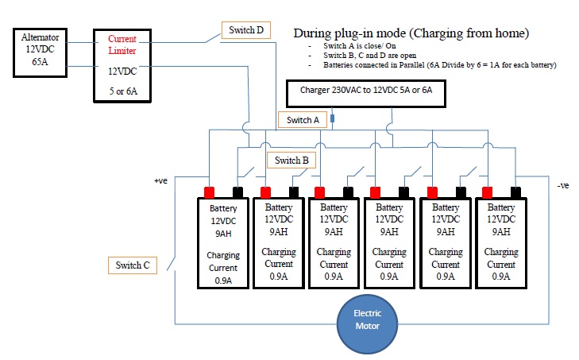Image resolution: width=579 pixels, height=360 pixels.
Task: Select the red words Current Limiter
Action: (122, 45)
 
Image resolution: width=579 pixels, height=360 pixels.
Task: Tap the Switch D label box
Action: (246, 30)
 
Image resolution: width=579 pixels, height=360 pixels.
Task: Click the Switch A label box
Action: (303, 120)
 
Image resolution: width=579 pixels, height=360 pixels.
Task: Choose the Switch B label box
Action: (291, 160)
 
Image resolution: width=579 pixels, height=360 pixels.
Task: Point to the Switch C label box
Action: (133, 265)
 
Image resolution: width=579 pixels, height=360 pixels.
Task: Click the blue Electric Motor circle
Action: (368, 324)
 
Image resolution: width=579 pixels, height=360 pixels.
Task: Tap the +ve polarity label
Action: (160, 180)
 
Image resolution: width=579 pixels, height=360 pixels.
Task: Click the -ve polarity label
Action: (563, 185)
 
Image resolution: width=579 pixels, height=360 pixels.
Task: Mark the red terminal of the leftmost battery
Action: (210, 192)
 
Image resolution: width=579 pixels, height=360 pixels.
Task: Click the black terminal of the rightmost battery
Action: (515, 192)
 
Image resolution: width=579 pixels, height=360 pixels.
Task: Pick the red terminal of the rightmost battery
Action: (488, 192)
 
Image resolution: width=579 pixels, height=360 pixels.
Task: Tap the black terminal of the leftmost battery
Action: (237, 192)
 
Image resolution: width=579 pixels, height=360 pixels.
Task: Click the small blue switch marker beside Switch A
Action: (332, 118)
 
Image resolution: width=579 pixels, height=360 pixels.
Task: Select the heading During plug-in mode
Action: (411, 33)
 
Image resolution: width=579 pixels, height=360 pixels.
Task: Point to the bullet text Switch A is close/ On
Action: (360, 46)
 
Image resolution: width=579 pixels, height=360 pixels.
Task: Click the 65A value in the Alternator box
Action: (40, 62)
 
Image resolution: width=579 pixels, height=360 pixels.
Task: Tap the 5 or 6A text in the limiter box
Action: (123, 91)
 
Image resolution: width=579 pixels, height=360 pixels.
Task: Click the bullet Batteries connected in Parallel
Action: (440, 65)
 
